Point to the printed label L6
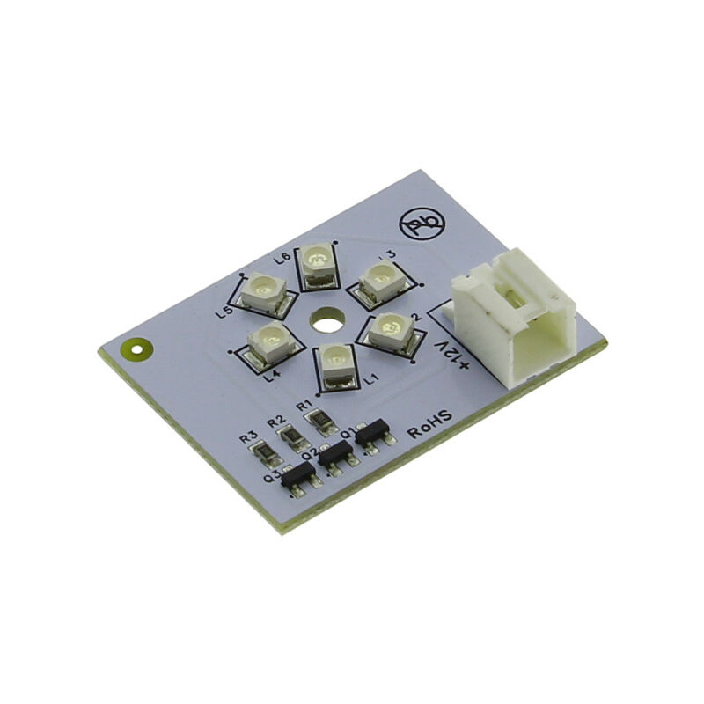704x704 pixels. [282, 258]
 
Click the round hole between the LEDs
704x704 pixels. [326, 319]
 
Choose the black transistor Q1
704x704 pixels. [372, 430]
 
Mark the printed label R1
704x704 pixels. [304, 406]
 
